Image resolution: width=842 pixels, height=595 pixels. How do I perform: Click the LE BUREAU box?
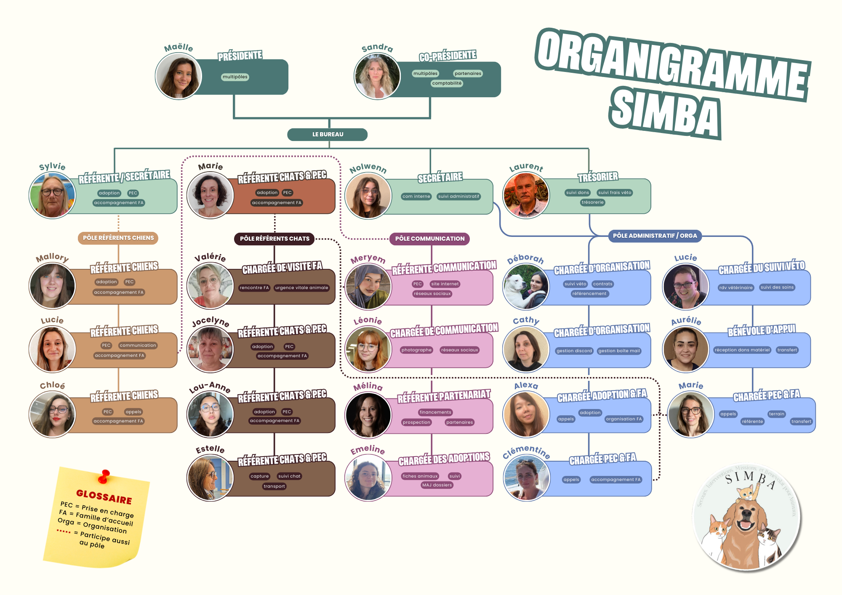(x=327, y=135)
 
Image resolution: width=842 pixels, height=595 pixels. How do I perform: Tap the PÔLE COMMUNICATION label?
(x=429, y=239)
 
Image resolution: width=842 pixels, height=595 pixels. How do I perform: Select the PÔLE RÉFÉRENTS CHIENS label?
(x=118, y=238)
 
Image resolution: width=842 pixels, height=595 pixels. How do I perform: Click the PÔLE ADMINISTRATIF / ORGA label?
(x=655, y=236)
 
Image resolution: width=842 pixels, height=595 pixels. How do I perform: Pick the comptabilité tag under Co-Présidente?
(x=447, y=83)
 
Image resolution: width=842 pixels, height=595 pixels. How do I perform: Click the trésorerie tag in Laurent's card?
(x=592, y=202)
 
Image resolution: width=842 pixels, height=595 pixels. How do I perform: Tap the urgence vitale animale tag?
(x=301, y=288)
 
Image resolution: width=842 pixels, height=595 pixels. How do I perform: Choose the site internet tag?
(x=445, y=284)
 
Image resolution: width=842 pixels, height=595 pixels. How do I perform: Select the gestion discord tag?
(x=574, y=351)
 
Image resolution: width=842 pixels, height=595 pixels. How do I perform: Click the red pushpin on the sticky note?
(x=104, y=476)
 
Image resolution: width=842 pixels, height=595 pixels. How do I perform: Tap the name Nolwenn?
(x=368, y=168)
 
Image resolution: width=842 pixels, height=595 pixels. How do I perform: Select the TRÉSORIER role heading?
(x=598, y=177)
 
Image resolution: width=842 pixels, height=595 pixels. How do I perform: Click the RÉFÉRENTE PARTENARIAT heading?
(x=444, y=396)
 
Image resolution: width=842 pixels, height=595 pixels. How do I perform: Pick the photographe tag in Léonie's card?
(x=416, y=350)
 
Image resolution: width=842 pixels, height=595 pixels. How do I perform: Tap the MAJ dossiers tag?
(x=437, y=485)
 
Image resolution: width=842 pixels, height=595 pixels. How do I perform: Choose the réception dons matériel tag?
(x=742, y=350)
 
